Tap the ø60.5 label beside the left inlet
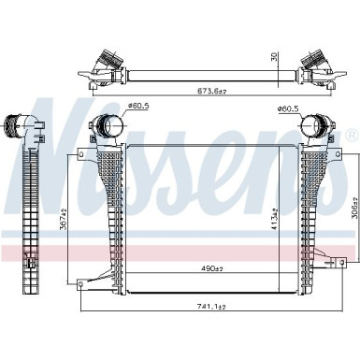(x=139, y=106)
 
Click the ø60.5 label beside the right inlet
(x=287, y=108)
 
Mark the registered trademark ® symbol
(x=352, y=136)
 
